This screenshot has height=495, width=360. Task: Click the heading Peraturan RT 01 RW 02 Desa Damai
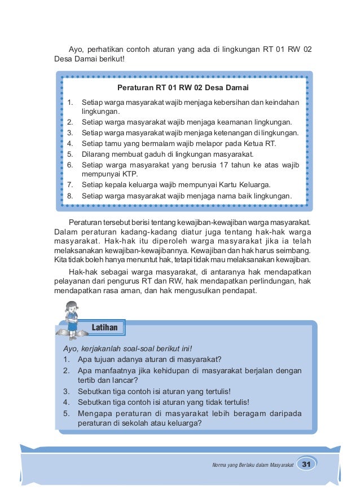click(183, 88)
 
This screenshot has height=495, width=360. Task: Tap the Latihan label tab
click(105, 327)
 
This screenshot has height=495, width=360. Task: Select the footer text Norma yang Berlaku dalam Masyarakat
click(252, 465)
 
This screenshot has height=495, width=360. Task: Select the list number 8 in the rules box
click(69, 196)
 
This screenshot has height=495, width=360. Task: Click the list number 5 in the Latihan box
click(66, 413)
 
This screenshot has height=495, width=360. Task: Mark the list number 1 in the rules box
click(69, 102)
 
